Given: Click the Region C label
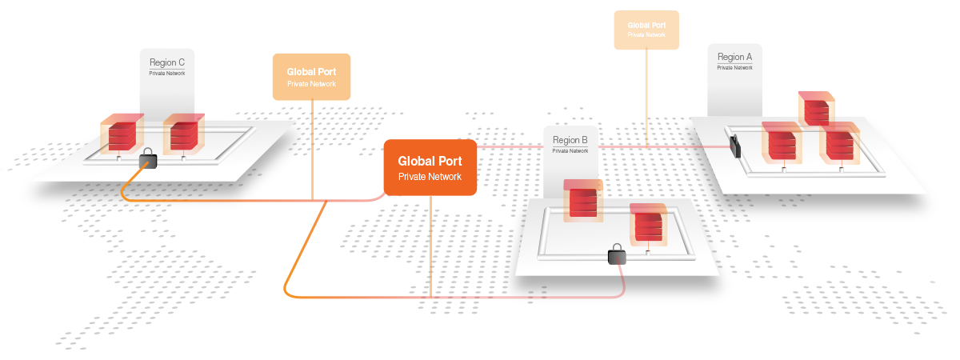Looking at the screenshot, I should (167, 62).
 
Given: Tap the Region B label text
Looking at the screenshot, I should (570, 140).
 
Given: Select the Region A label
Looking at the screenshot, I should (734, 57).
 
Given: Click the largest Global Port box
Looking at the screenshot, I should (430, 167).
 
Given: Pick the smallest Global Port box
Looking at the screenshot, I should (646, 29).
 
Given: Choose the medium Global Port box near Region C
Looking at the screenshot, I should (311, 76).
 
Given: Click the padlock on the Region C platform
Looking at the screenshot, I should (147, 159).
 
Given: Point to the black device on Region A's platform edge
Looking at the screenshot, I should (734, 146).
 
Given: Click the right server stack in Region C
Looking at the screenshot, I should (183, 134).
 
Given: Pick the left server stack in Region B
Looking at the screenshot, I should (583, 201).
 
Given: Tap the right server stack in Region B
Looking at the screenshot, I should (646, 225).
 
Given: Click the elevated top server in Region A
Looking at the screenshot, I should (816, 108).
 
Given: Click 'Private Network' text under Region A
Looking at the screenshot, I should (734, 68).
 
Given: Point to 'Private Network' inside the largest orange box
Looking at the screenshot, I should (430, 176).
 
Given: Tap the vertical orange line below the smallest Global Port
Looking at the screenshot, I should (646, 96).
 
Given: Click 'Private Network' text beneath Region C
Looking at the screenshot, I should (166, 73).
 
